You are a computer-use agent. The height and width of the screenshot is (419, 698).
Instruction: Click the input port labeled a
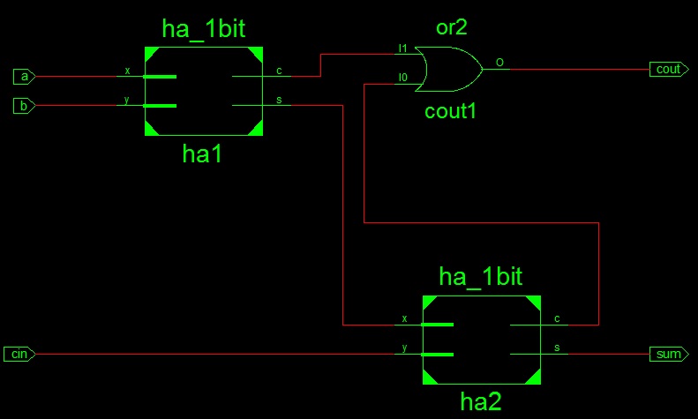click(x=24, y=77)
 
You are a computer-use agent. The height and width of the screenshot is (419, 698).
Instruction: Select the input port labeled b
click(x=24, y=106)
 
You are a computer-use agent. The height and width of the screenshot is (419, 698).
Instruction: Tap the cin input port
click(x=19, y=354)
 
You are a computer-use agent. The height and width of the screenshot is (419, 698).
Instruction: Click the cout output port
click(x=669, y=70)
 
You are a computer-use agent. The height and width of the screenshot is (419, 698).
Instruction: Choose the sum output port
click(x=669, y=354)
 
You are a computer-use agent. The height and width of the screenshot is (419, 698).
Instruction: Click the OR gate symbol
click(x=448, y=70)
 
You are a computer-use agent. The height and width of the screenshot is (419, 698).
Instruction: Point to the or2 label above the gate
click(x=452, y=27)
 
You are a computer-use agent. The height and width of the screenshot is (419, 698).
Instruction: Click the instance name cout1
click(x=450, y=111)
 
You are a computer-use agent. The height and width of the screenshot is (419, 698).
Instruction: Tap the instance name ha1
click(x=202, y=153)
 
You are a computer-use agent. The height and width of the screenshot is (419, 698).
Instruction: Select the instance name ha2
click(x=481, y=401)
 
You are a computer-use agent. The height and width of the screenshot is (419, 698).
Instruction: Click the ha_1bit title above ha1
click(x=204, y=29)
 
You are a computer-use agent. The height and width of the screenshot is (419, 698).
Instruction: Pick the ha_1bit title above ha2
click(x=480, y=277)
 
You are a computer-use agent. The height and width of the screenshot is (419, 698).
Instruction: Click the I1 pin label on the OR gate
click(x=402, y=48)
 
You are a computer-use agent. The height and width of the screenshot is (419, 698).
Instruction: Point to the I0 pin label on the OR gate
click(x=402, y=78)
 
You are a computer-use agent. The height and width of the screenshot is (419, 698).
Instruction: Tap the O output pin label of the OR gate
click(x=499, y=63)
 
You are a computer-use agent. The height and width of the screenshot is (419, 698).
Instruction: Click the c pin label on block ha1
click(x=279, y=71)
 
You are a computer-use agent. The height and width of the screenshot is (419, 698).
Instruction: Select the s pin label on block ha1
click(x=279, y=100)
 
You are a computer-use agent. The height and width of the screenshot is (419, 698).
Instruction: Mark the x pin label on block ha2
click(x=404, y=318)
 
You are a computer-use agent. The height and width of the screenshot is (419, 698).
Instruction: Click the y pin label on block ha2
click(x=404, y=348)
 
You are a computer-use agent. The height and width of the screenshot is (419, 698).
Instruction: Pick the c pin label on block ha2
click(x=557, y=318)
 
